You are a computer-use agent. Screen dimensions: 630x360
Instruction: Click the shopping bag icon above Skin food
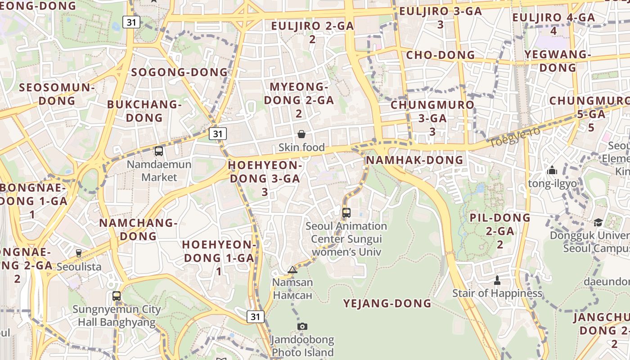coord(301,134)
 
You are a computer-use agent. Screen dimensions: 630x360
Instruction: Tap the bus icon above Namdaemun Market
coord(159,151)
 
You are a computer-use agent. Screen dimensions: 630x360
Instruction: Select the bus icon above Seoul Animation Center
coord(346,213)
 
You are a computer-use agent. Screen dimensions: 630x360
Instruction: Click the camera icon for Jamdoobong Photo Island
coord(302,326)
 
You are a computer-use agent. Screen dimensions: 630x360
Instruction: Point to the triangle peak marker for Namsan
coord(292,270)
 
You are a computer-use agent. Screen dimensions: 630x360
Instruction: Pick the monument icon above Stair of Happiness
coord(497,280)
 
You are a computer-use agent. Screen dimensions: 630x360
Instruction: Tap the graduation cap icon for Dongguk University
coord(598,223)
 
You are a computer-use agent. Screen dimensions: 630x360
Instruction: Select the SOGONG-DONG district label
coord(180,72)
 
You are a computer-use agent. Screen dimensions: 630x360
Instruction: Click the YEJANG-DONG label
coord(387,303)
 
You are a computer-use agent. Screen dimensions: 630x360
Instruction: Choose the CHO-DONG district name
coord(440,55)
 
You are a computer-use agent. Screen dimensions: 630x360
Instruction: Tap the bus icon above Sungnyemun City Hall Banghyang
coord(117,296)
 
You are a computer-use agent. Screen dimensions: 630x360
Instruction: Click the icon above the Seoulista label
coord(79,253)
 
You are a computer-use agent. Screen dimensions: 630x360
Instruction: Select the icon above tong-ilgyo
coord(552,171)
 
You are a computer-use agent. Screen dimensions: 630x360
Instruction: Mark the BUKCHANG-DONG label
coord(144,111)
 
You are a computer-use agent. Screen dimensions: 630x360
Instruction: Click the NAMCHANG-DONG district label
coord(138,229)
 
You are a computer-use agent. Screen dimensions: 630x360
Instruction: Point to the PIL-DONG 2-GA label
coord(500,231)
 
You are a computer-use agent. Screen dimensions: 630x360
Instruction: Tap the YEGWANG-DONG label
coord(558,61)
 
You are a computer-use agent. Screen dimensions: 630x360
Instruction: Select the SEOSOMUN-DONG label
coord(57,94)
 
